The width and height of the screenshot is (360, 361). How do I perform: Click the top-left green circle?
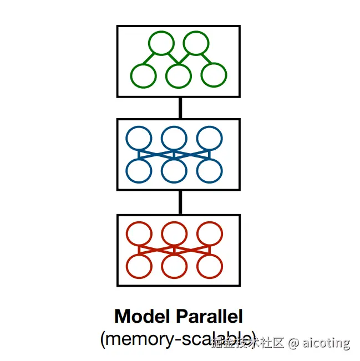(161, 43)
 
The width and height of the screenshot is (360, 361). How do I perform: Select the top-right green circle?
(195, 43)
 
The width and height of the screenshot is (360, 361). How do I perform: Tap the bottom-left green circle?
(143, 75)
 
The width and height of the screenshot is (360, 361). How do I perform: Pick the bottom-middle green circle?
(178, 75)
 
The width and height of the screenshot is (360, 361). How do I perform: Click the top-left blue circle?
(139, 139)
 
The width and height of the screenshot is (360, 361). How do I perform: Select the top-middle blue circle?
(174, 139)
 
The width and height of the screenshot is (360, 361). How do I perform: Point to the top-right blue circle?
(209, 139)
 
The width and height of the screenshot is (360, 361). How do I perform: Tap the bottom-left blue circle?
(139, 170)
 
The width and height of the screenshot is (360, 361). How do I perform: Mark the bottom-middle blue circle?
(174, 170)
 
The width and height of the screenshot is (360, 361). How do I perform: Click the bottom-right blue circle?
(209, 170)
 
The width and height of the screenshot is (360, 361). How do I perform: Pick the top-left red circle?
(139, 235)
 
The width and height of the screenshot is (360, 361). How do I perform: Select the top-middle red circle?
(174, 235)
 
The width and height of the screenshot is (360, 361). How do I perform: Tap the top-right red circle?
(209, 235)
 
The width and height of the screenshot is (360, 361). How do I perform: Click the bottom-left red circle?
(139, 266)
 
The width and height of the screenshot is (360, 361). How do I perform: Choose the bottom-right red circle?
(209, 266)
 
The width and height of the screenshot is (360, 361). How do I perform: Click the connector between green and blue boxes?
(180, 108)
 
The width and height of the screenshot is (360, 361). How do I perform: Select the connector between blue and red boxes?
(180, 203)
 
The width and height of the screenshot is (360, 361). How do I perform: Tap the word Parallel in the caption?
(210, 317)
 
